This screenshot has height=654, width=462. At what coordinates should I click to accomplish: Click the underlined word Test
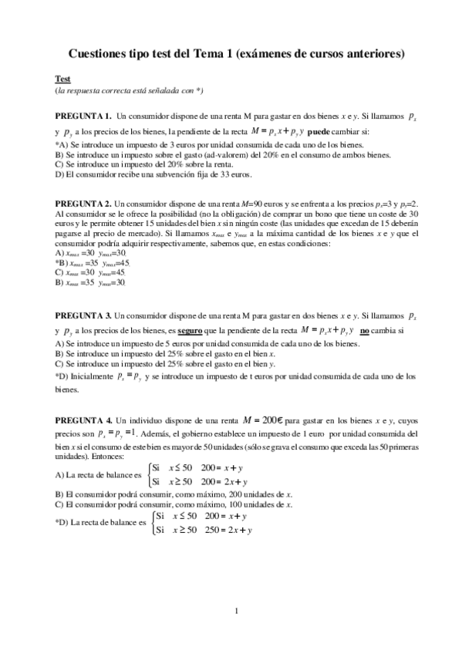point(62,79)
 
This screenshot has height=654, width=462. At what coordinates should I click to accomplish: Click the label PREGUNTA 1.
point(83,115)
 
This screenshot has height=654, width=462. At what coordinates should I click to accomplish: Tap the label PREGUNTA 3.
point(83,316)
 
